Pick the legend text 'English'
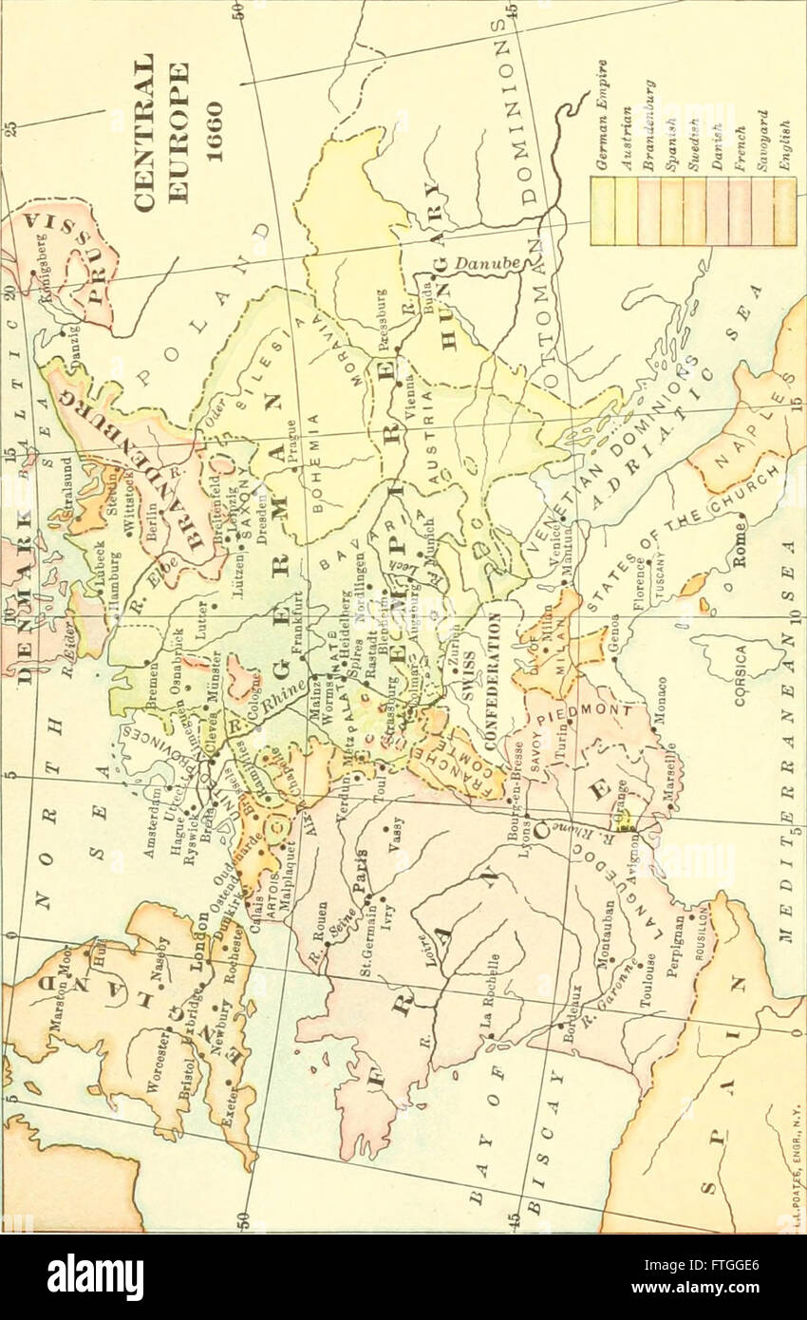(x=784, y=143)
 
